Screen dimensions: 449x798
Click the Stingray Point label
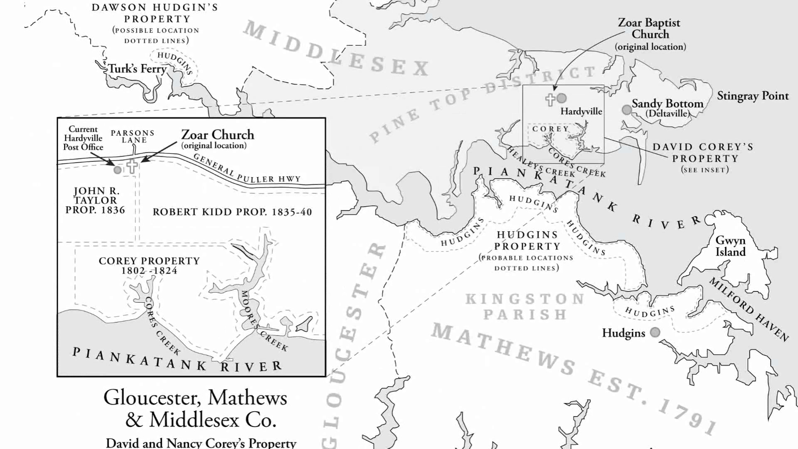[x=752, y=96]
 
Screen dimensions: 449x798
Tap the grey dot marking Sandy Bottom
[x=626, y=110]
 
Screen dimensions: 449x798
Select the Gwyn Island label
[x=730, y=246]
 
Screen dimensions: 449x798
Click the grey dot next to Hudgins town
[x=655, y=332]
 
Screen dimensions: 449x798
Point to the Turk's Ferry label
[x=137, y=69]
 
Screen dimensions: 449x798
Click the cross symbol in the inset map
[x=132, y=166]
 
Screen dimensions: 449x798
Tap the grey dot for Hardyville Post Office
[x=118, y=170]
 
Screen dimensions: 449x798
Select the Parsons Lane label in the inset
[x=133, y=136]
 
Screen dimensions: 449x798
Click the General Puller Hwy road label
[x=247, y=170]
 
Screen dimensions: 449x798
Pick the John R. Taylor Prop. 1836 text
[x=96, y=200]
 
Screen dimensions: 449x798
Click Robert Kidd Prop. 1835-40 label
[x=232, y=212]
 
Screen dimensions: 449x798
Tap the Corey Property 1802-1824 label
[x=149, y=266]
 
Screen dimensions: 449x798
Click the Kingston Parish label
[x=525, y=306]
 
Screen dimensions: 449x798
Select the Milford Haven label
[x=748, y=309]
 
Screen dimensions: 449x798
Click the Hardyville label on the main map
[x=581, y=111]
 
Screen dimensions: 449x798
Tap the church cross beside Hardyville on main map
[x=550, y=99]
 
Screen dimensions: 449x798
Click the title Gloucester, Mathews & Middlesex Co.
[x=195, y=408]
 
